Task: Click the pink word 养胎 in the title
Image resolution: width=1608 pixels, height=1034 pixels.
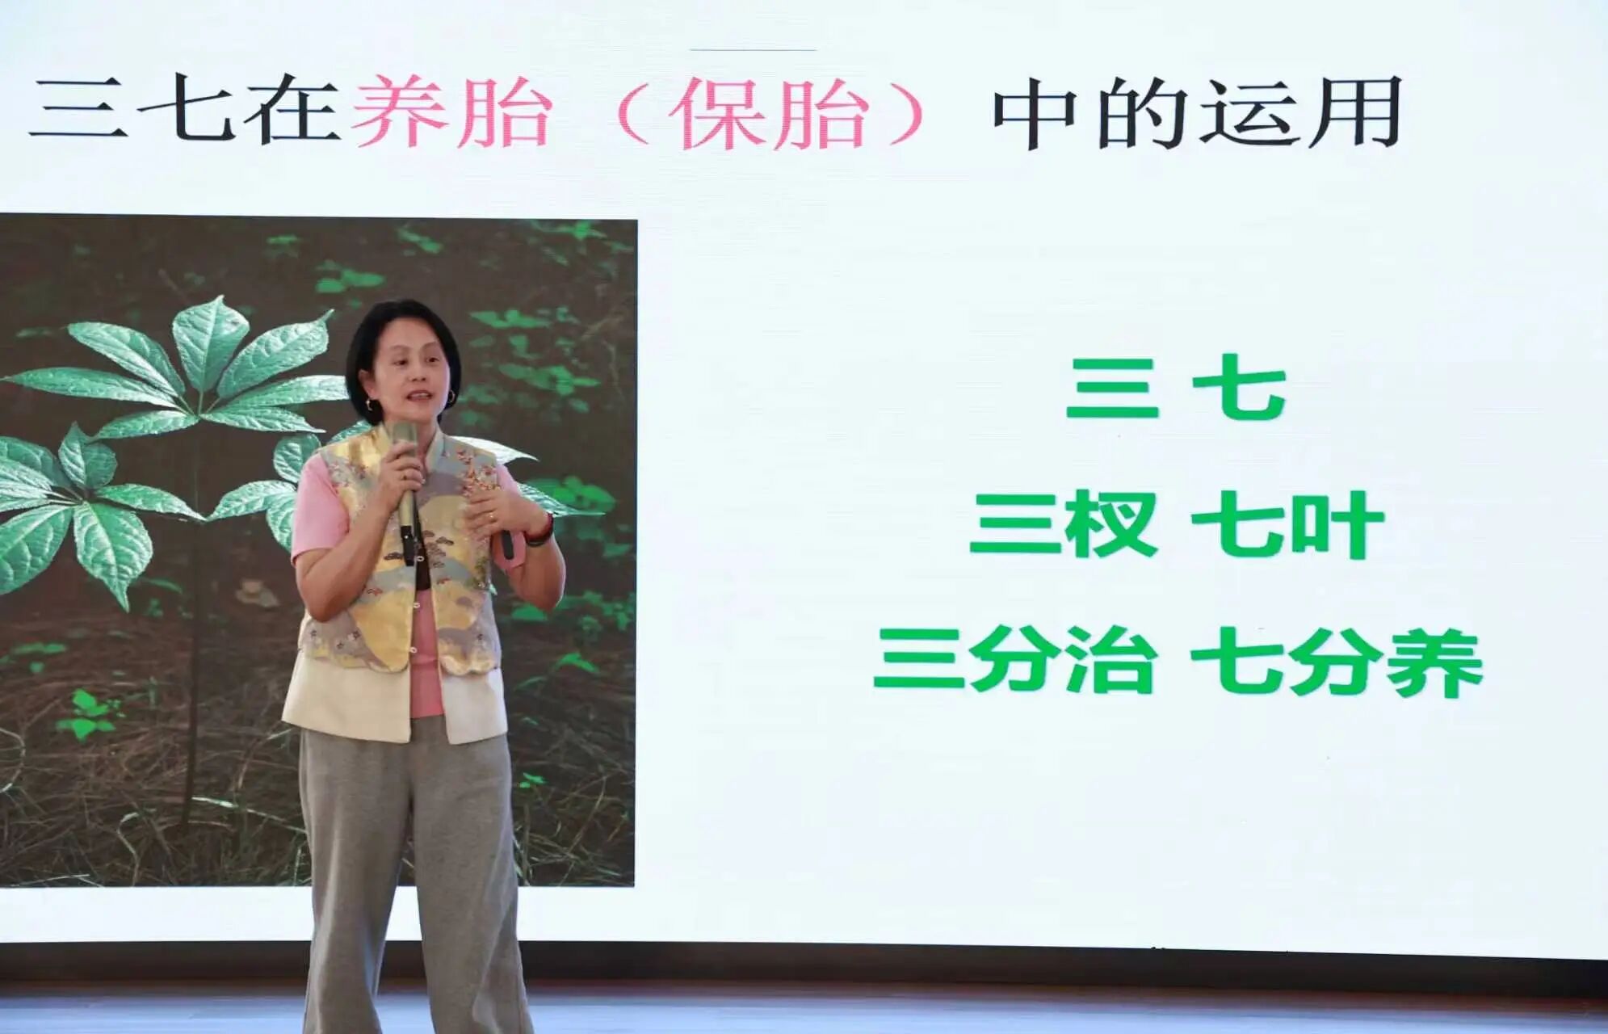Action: pyautogui.click(x=451, y=111)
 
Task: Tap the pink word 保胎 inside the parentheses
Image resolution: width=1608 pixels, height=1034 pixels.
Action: pyautogui.click(x=769, y=113)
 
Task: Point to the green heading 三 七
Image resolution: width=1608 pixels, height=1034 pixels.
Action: pyautogui.click(x=1176, y=389)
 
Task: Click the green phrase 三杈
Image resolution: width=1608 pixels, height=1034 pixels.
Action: pyautogui.click(x=1064, y=524)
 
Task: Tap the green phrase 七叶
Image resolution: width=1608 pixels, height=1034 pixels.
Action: pyautogui.click(x=1288, y=524)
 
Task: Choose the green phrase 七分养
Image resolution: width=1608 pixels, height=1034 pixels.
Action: pyautogui.click(x=1337, y=662)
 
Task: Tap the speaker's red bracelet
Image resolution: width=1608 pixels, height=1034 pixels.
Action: pyautogui.click(x=541, y=530)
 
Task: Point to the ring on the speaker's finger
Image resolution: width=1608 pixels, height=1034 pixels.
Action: pyautogui.click(x=492, y=515)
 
